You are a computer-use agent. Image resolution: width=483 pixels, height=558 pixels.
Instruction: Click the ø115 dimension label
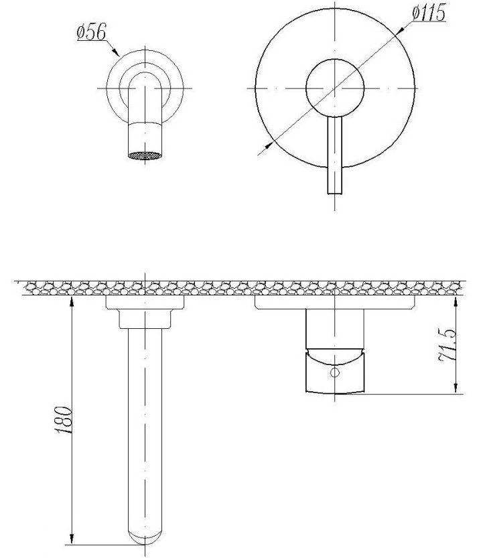click(429, 13)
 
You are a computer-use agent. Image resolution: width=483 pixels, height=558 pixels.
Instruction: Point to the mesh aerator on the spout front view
click(145, 155)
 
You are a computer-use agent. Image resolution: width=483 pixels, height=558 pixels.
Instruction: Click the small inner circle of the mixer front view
click(334, 88)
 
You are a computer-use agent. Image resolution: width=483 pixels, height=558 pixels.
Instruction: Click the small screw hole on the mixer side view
click(335, 372)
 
